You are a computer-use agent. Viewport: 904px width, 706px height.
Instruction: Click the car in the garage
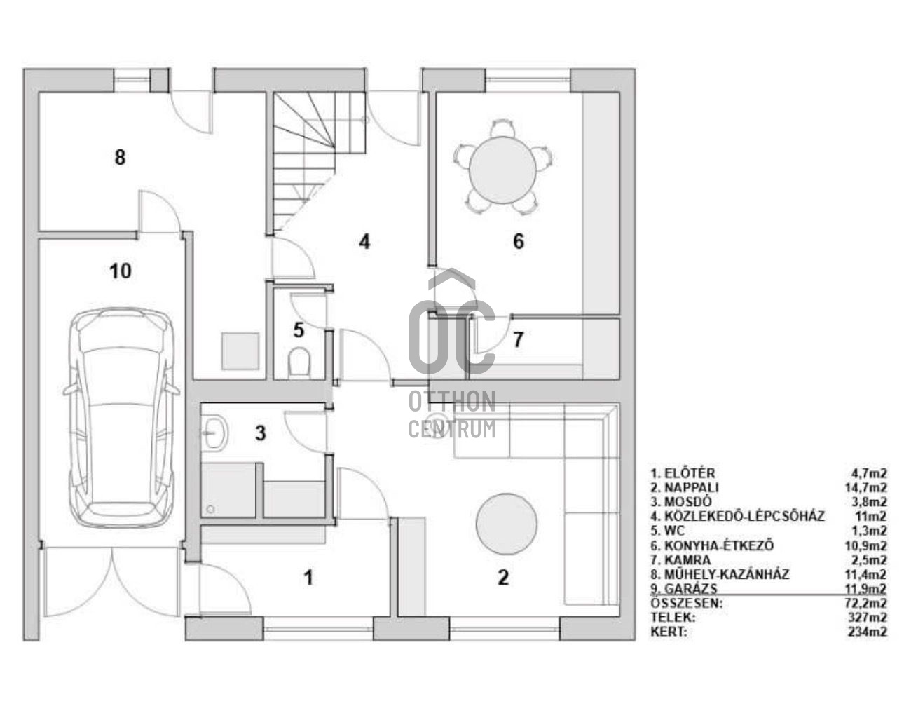121,420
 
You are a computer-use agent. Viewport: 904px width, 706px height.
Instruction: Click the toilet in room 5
299,361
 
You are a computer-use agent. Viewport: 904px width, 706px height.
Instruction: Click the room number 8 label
120,157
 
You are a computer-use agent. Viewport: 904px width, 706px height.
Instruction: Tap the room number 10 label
121,271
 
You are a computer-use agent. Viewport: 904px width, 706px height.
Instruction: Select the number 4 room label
364,241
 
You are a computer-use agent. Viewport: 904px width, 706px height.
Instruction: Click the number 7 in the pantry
518,339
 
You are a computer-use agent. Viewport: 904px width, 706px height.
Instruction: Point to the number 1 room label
308,578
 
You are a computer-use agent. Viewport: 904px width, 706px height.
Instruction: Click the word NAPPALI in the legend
692,487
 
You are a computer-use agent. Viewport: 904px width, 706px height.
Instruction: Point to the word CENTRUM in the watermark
452,429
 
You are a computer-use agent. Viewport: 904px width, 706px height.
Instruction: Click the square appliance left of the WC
241,351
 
